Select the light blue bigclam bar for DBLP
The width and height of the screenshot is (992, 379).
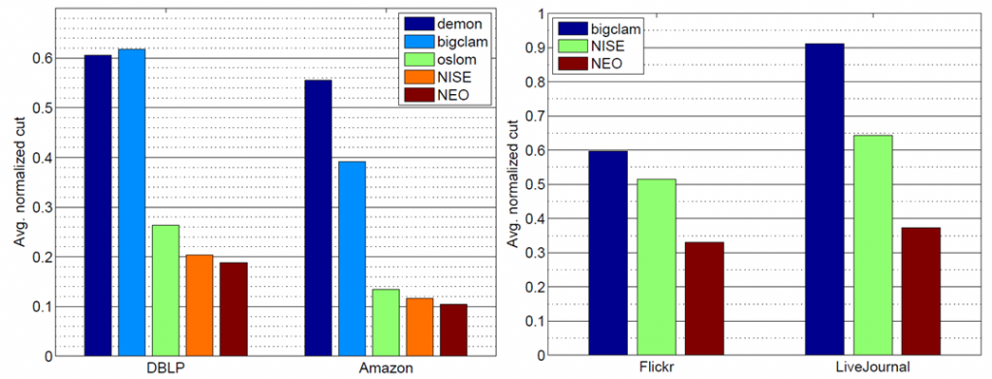pos(132,203)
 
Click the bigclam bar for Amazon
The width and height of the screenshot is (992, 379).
pos(352,259)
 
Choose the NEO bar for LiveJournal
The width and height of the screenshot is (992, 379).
pos(920,291)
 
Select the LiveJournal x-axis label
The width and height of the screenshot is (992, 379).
pos(872,368)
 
